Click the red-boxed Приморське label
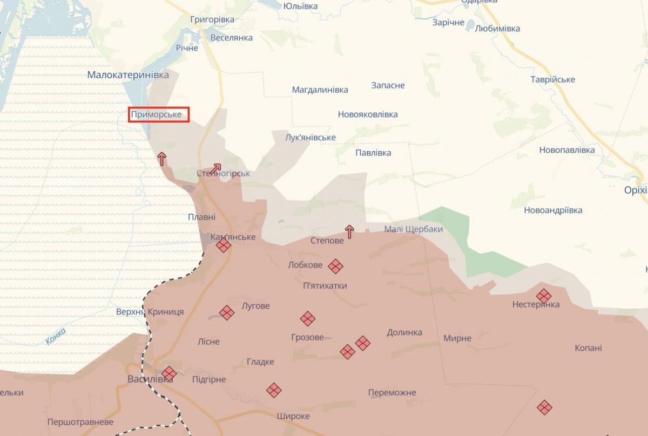point(159,114)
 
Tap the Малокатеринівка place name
point(128,75)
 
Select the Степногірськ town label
point(223,174)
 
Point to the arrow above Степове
point(349,231)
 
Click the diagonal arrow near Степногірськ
point(215,168)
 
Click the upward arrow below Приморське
point(161,158)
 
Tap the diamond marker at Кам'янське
point(223,246)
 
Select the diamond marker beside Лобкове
point(336,265)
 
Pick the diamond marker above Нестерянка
point(543,295)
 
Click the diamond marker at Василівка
point(169,373)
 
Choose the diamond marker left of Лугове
point(227,312)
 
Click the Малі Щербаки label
point(413,229)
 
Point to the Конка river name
point(56,336)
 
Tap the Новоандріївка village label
point(553,210)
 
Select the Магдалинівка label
point(320,90)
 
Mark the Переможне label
point(392,392)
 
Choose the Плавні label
point(201,217)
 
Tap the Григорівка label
point(212,19)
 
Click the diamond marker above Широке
point(274,390)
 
